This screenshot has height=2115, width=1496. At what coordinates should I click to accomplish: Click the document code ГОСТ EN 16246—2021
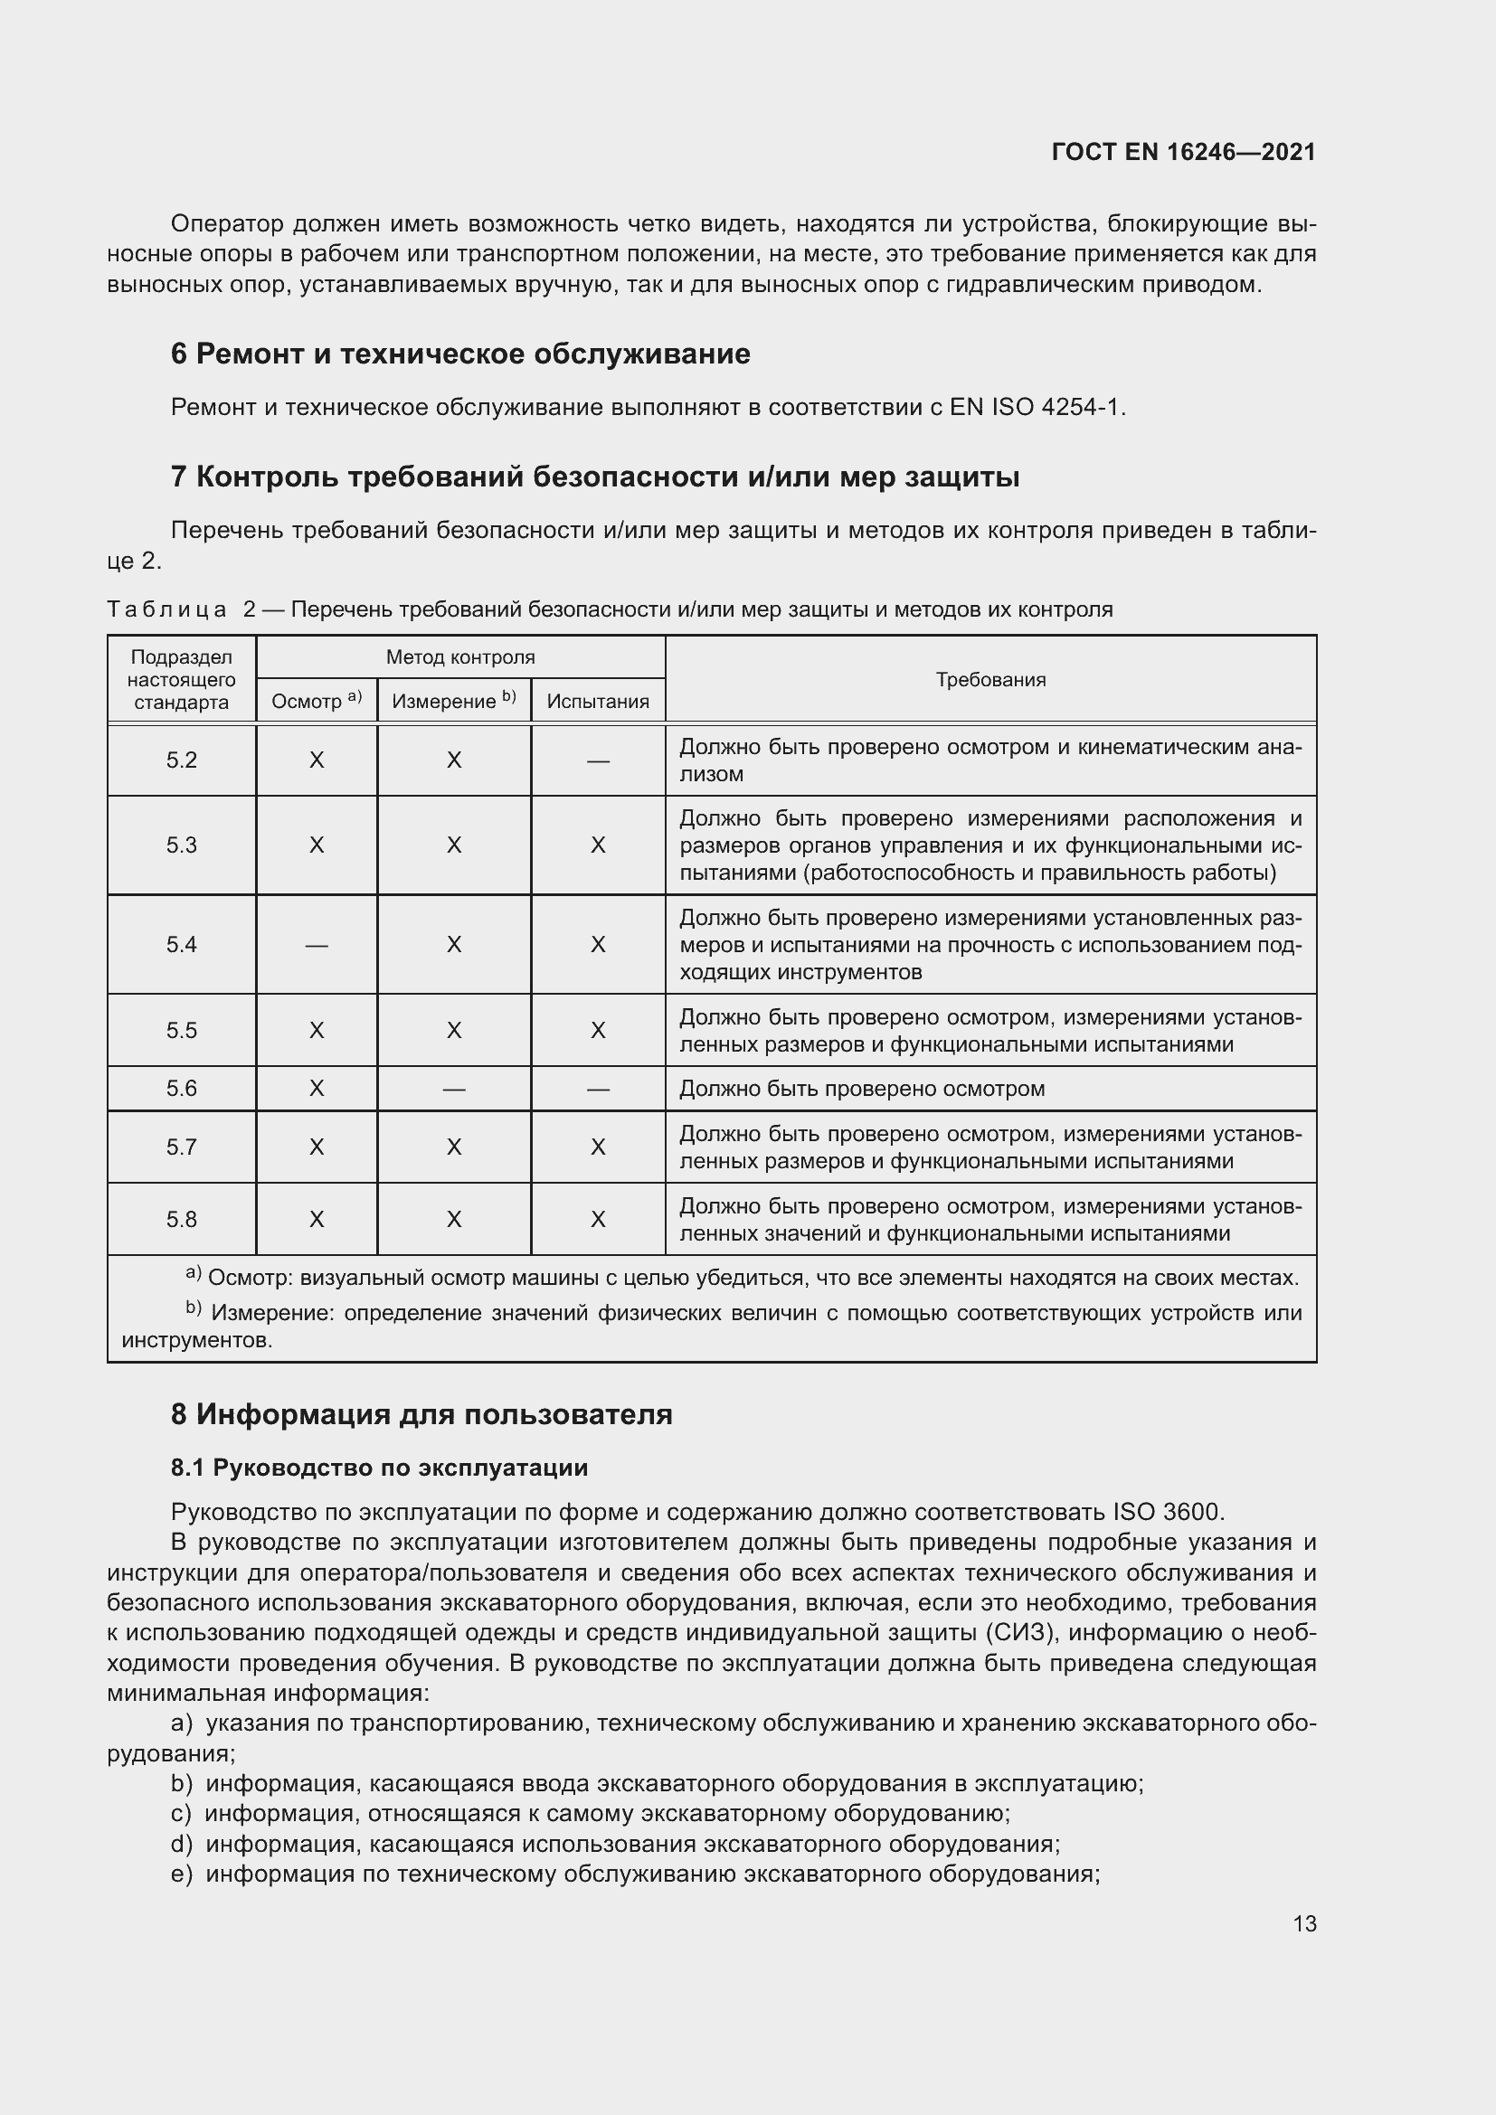pos(1183,152)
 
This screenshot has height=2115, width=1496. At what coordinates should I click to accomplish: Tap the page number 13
pos(1304,1923)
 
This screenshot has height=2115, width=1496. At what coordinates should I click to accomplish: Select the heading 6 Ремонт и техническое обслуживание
pos(459,354)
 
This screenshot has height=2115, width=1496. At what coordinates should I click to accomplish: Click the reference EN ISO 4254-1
pos(1036,407)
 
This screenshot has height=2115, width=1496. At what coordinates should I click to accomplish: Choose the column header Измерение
pos(453,701)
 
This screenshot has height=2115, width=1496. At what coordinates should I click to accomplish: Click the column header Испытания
pos(598,701)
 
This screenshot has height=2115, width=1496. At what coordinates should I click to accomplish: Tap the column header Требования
pos(990,680)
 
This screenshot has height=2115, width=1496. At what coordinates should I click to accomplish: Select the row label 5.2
pos(182,760)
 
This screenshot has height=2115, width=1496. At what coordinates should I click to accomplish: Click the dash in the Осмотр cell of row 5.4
pos(316,945)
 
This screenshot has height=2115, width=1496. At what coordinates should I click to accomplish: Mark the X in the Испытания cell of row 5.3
pos(598,845)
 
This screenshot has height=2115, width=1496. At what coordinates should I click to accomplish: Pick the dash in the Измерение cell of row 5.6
pos(453,1090)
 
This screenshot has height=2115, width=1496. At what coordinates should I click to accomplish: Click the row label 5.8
pos(182,1220)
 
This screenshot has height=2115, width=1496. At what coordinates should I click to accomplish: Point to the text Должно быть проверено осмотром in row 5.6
pos(861,1089)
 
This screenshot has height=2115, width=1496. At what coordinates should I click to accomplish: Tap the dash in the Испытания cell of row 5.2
pos(598,760)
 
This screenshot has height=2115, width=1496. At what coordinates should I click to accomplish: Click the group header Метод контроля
pos(459,657)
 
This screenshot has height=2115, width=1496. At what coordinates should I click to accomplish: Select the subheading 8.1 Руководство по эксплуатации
pos(379,1468)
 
